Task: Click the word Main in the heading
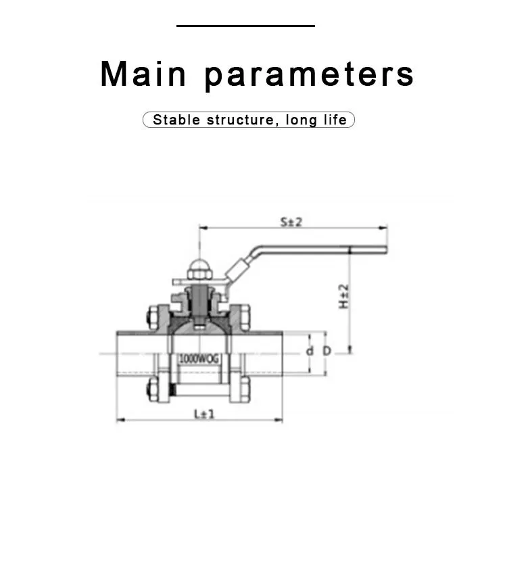143,74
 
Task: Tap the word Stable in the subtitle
176,120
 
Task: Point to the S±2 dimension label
291,222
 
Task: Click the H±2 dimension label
344,297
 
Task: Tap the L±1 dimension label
204,414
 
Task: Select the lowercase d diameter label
310,351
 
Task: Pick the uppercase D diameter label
327,351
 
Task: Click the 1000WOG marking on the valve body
199,359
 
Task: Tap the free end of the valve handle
386,250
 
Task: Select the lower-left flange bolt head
153,389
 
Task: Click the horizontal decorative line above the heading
245,26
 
